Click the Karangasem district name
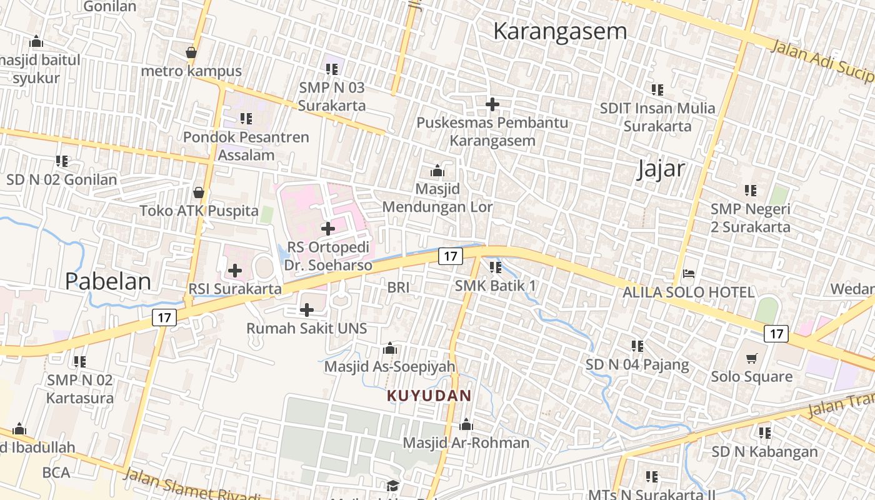coord(559,31)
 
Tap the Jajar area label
coord(661,169)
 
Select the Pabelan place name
coord(108,281)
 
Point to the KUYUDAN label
coord(429,396)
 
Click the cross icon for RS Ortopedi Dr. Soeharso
coord(327,229)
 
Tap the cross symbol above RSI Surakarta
coord(234,271)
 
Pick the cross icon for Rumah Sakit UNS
coord(306,309)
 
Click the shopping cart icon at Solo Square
coord(751,358)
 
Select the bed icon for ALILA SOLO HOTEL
coord(688,274)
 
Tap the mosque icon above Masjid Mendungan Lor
coord(437,171)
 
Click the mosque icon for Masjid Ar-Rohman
coord(466,425)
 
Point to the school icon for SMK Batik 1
coord(496,267)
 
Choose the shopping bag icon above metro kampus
coord(191,52)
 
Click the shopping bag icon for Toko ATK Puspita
coord(199,192)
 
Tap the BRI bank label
coord(398,287)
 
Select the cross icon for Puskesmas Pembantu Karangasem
coord(492,104)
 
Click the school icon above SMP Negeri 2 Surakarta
coord(750,190)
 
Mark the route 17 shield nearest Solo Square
coord(776,334)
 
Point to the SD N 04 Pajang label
coord(637,364)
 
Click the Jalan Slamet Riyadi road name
coord(191,485)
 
